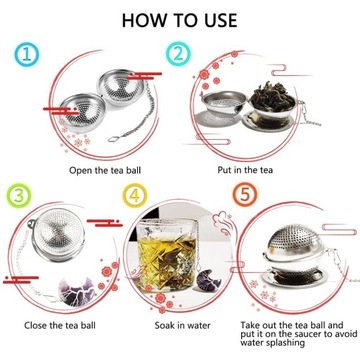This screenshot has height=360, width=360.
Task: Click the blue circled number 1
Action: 27,54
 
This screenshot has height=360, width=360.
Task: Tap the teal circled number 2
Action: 178,53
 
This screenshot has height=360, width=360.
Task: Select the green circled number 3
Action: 19,196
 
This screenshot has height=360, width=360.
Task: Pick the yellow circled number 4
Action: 135,195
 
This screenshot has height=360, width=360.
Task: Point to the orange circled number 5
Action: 245,194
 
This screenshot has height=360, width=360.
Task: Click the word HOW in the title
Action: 145,20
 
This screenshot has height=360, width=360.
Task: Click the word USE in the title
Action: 218,20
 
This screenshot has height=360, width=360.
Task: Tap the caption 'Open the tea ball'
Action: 105,170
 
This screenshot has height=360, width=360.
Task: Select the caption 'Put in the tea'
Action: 245,170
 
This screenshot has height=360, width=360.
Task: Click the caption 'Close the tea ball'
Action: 62,325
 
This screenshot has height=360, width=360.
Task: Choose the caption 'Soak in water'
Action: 182,325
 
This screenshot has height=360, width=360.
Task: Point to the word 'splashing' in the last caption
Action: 284,343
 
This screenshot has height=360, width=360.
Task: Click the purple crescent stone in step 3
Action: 77,291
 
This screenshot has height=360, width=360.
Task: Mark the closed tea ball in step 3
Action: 59,234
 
